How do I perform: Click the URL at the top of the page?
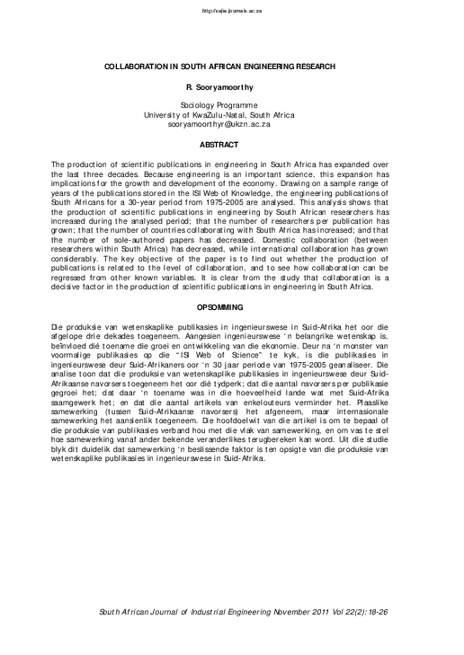pyautogui.click(x=232, y=12)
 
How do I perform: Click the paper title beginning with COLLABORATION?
pyautogui.click(x=232, y=67)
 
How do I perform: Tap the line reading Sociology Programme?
pyautogui.click(x=232, y=106)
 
